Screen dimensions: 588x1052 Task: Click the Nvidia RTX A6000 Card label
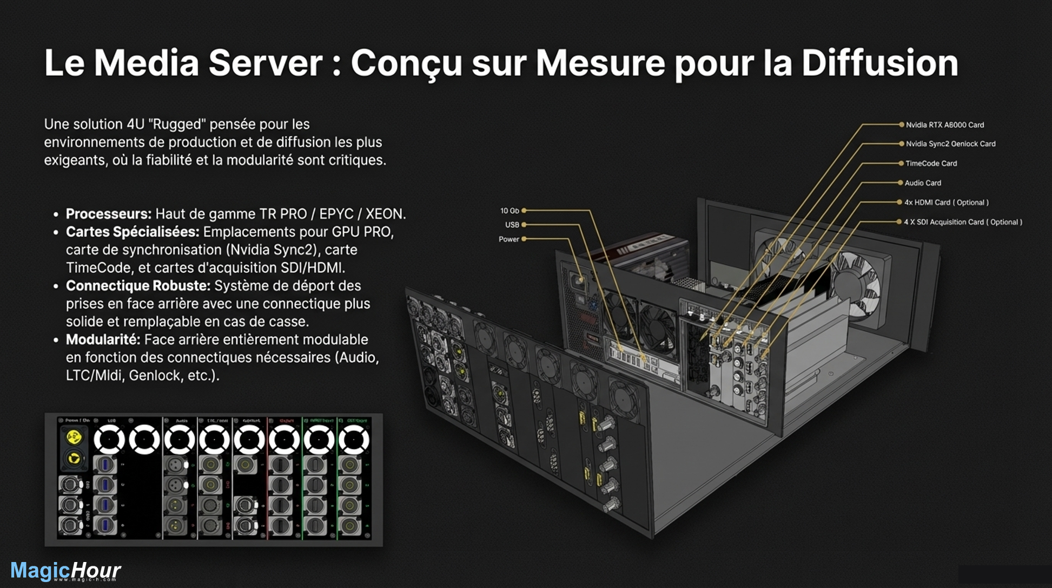point(944,125)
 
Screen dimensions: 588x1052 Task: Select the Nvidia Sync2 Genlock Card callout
point(950,144)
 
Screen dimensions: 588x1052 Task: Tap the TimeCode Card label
point(931,164)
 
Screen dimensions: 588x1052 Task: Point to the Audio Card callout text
point(923,183)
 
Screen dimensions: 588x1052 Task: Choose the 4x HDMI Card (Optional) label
point(946,202)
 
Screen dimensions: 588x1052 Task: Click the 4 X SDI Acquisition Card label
point(963,222)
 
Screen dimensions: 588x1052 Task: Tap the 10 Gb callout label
point(510,211)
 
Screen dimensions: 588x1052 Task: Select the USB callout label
point(512,225)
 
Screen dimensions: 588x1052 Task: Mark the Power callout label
point(508,239)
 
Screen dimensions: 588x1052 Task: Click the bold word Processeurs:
point(109,214)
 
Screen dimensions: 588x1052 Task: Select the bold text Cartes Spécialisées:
point(133,232)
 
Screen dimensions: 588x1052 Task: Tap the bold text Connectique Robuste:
point(138,286)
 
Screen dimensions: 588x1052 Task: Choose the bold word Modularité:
point(103,339)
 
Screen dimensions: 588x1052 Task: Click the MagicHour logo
point(65,571)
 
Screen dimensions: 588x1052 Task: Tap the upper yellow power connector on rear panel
point(74,437)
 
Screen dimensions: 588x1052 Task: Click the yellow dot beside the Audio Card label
point(901,183)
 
